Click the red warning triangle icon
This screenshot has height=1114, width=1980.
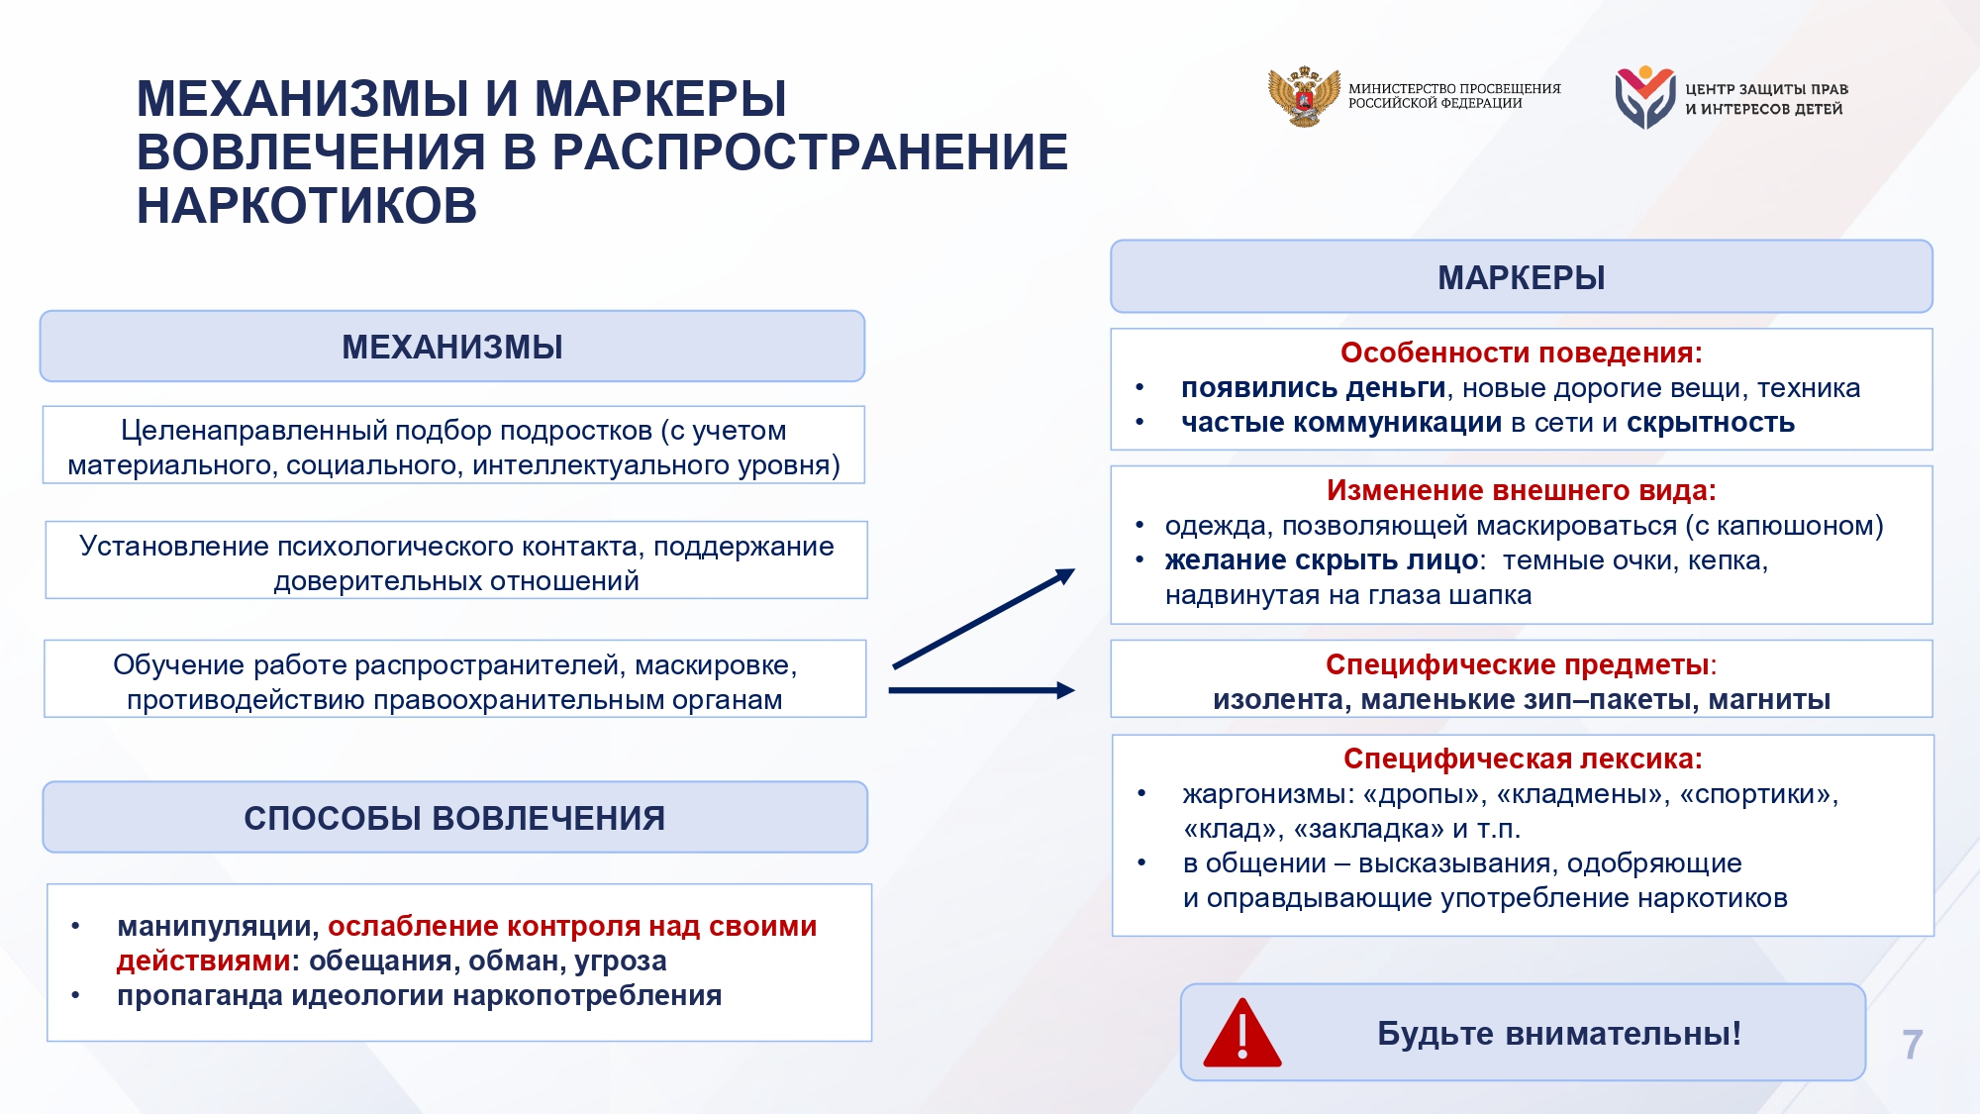click(x=1242, y=1034)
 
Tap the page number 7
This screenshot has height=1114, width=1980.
click(x=1913, y=1045)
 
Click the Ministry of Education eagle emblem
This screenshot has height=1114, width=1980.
click(x=1304, y=96)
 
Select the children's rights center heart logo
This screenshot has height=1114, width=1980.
click(x=1644, y=97)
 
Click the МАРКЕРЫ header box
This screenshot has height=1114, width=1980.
click(x=1522, y=276)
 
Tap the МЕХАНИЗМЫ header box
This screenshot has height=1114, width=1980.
click(x=452, y=347)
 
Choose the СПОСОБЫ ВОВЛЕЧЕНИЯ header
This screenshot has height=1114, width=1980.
click(x=454, y=818)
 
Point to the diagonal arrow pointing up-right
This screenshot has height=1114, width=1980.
click(x=984, y=619)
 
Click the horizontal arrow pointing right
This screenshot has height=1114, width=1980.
click(x=982, y=690)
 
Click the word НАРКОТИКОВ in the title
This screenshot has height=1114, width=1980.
click(x=307, y=206)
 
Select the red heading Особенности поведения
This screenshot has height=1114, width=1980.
click(x=1522, y=353)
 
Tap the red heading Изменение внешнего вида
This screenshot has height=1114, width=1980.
click(x=1522, y=490)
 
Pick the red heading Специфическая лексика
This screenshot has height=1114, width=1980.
click(x=1523, y=759)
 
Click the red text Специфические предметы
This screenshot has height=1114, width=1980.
click(x=1517, y=664)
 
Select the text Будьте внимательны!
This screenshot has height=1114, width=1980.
click(x=1559, y=1034)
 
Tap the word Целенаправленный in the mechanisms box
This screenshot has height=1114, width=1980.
click(x=253, y=431)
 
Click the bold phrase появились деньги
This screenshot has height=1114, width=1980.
click(x=1314, y=388)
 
